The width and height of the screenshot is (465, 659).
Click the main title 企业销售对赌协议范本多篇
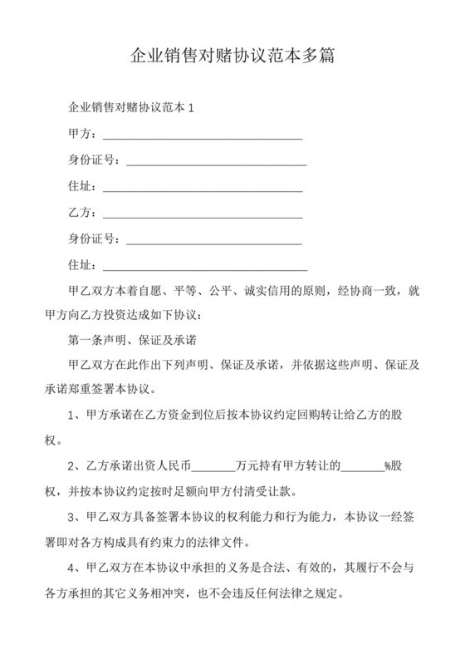[x=232, y=56]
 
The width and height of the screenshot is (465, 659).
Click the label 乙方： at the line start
[x=83, y=214]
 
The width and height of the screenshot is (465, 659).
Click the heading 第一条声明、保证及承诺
[x=131, y=340]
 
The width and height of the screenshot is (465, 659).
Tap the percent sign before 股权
[x=386, y=466]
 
